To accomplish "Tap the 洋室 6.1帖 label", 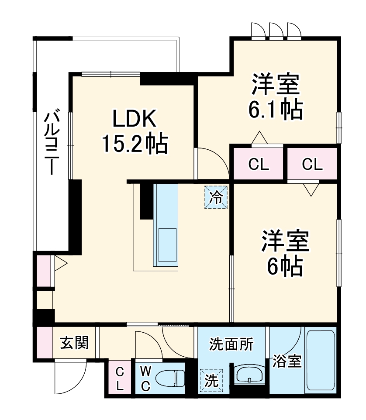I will point(275,97).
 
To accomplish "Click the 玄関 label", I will point(74,343).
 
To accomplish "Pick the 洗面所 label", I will point(231,344).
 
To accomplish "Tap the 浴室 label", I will point(287,361).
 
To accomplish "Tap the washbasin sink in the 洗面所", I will point(249,375).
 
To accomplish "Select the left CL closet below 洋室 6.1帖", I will point(259,164).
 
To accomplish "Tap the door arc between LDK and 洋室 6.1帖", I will point(212,164).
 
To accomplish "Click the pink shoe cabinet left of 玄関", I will point(44,343).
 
